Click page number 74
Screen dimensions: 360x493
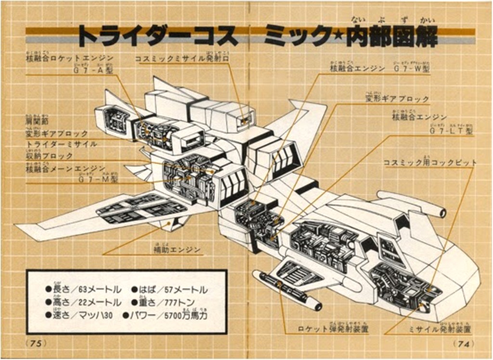coord(463,344)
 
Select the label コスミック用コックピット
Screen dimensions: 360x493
coord(430,163)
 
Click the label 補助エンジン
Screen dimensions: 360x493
coord(178,249)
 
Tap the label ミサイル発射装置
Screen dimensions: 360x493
coord(440,329)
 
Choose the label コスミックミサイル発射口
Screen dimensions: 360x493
coord(182,59)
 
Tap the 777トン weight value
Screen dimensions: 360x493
coord(180,302)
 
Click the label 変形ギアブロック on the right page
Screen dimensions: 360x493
coord(397,99)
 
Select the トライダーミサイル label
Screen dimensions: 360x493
coord(61,144)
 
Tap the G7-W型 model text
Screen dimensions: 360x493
coord(412,69)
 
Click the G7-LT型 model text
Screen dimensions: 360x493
coord(451,130)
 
